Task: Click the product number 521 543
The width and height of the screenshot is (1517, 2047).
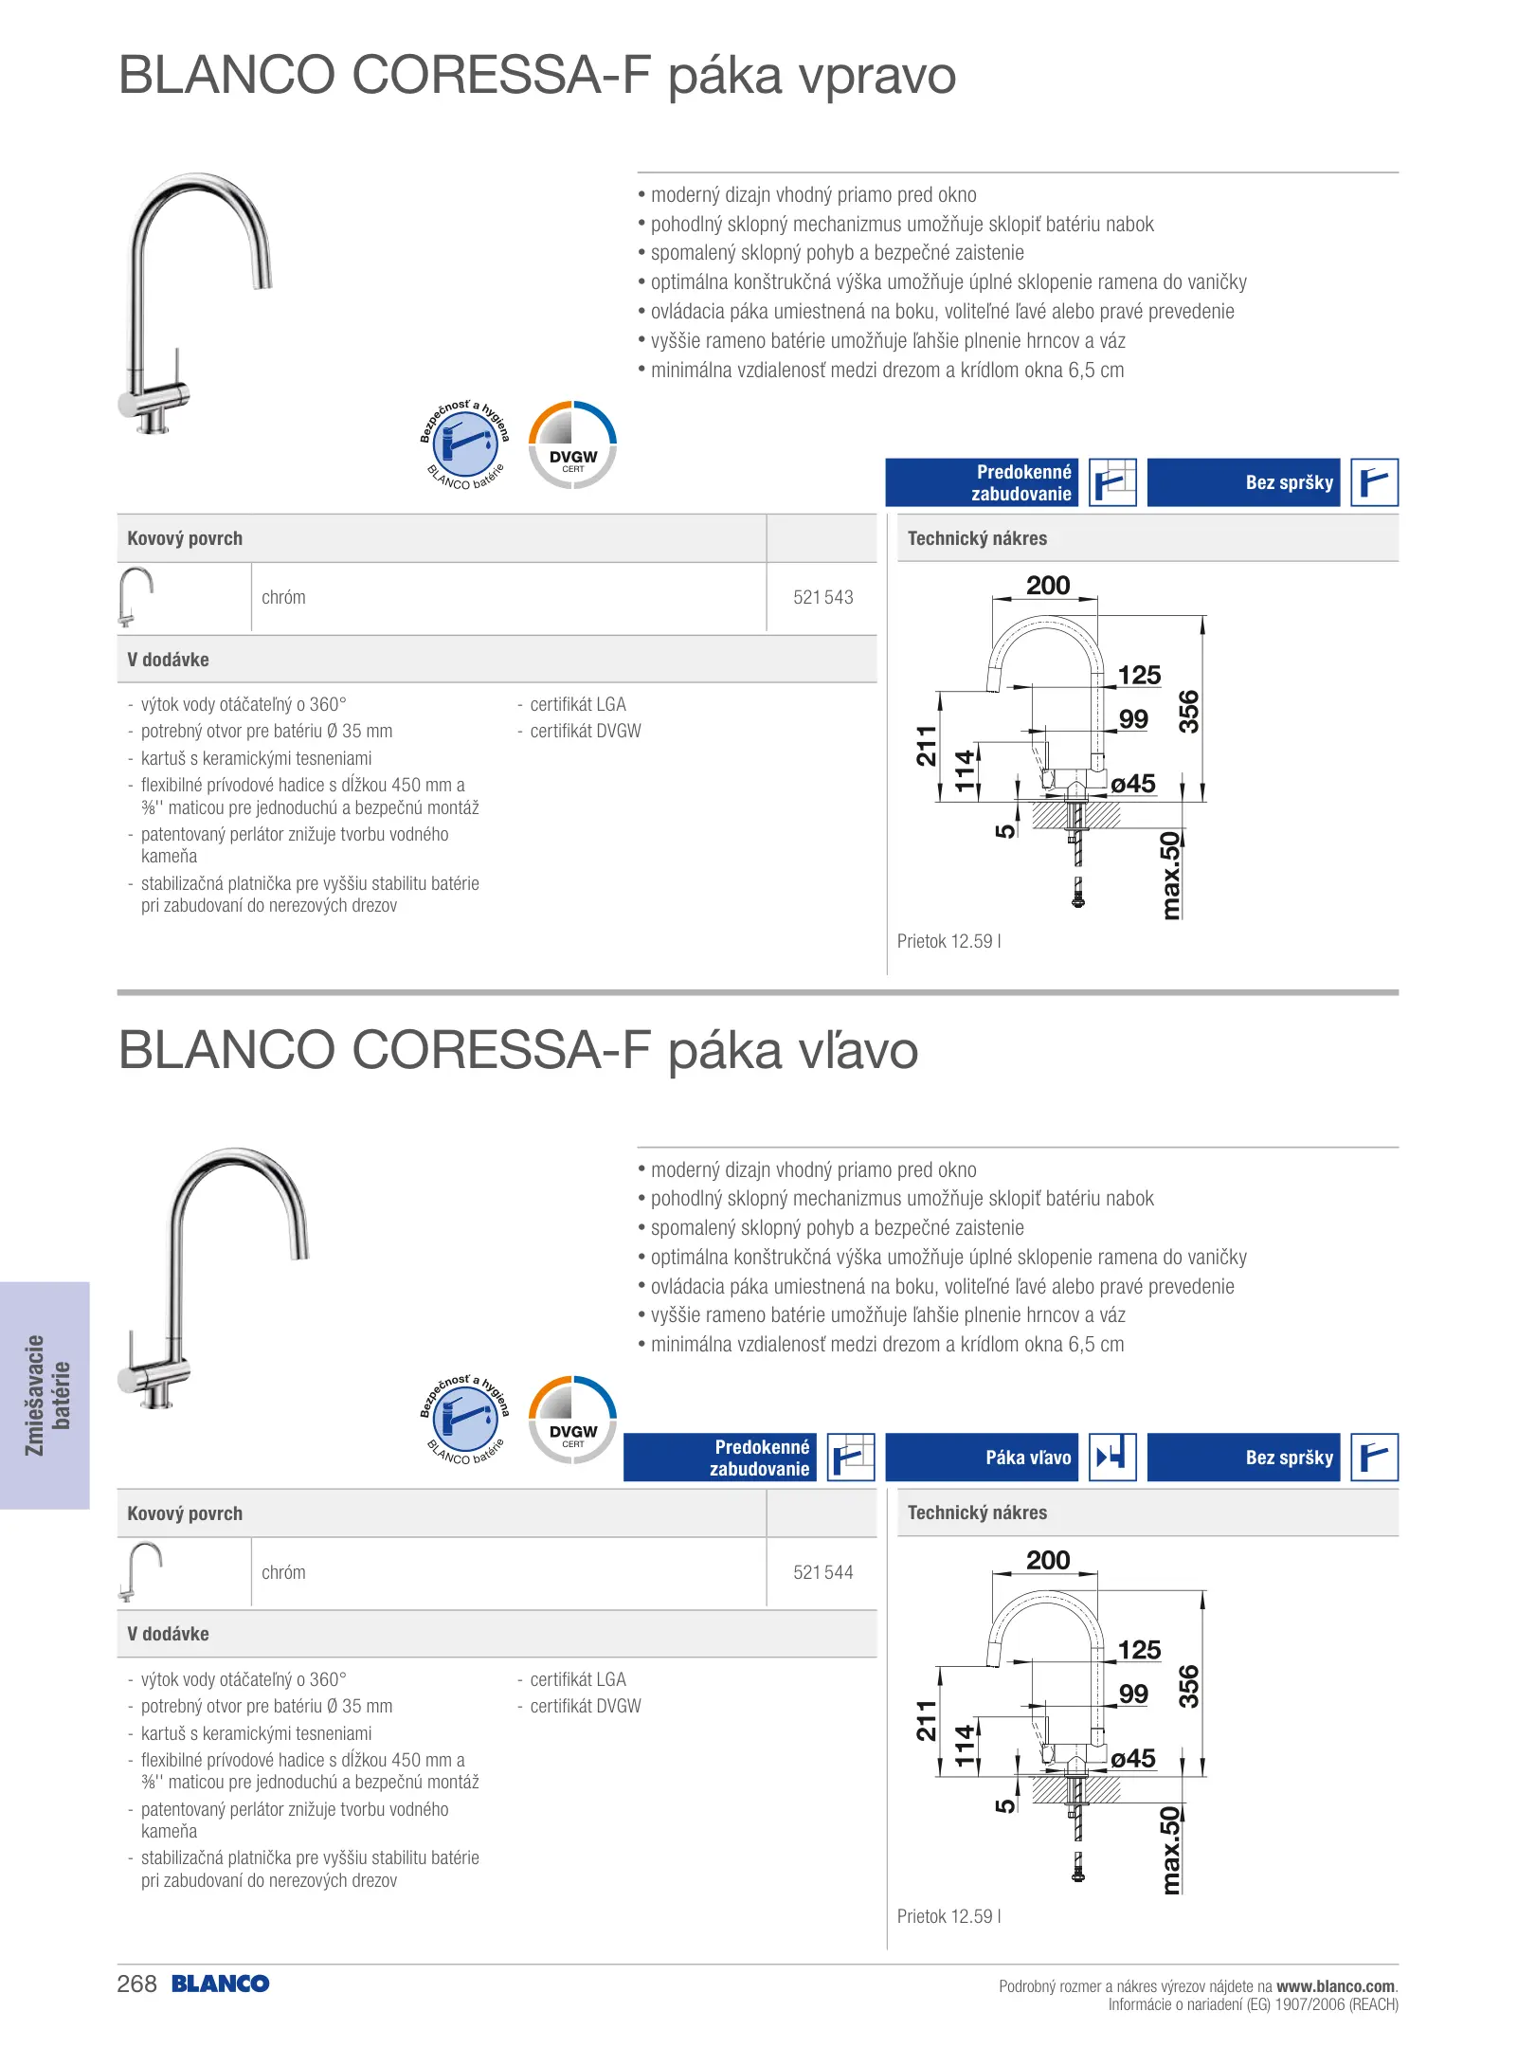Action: (822, 597)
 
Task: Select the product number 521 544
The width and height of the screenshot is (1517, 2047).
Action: (822, 1572)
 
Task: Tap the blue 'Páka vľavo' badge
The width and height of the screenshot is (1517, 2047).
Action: (983, 1458)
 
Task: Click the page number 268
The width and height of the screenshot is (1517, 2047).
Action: (136, 1984)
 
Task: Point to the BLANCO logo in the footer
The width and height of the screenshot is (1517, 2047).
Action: (221, 1984)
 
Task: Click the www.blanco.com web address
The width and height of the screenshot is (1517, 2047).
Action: (1336, 1986)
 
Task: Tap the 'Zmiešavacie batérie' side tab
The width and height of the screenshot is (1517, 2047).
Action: (45, 1395)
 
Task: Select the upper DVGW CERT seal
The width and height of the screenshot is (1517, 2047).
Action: (572, 444)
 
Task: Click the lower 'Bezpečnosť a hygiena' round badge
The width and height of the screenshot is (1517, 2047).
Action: (464, 1419)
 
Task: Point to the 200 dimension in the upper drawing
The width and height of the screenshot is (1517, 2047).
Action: (1048, 586)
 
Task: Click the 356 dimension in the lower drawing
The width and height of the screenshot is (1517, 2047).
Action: (1188, 1687)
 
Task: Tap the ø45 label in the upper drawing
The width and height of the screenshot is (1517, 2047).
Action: (1133, 784)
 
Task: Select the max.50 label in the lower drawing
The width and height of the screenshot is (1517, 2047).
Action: (1172, 1850)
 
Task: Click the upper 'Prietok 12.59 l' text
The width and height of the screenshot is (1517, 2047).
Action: (948, 941)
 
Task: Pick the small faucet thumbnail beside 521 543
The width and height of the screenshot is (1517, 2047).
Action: (135, 596)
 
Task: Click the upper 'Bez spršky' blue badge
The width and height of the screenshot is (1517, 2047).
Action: (1244, 482)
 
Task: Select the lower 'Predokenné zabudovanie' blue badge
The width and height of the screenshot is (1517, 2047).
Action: (720, 1458)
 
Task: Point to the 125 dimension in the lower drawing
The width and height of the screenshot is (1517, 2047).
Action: (1139, 1650)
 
